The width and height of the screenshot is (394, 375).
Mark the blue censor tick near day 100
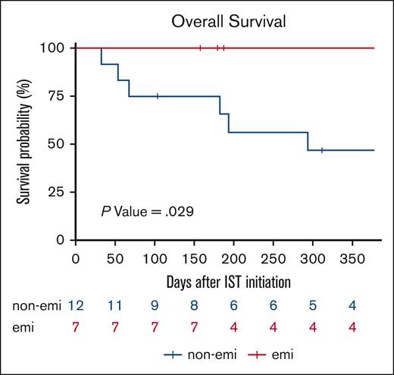pos(157,96)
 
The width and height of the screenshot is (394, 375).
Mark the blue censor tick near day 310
pos(322,150)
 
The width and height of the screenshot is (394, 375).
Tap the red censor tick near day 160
pos(200,48)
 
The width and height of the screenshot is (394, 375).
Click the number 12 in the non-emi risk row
pos(76,305)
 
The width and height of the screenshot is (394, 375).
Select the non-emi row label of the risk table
pos(34,305)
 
